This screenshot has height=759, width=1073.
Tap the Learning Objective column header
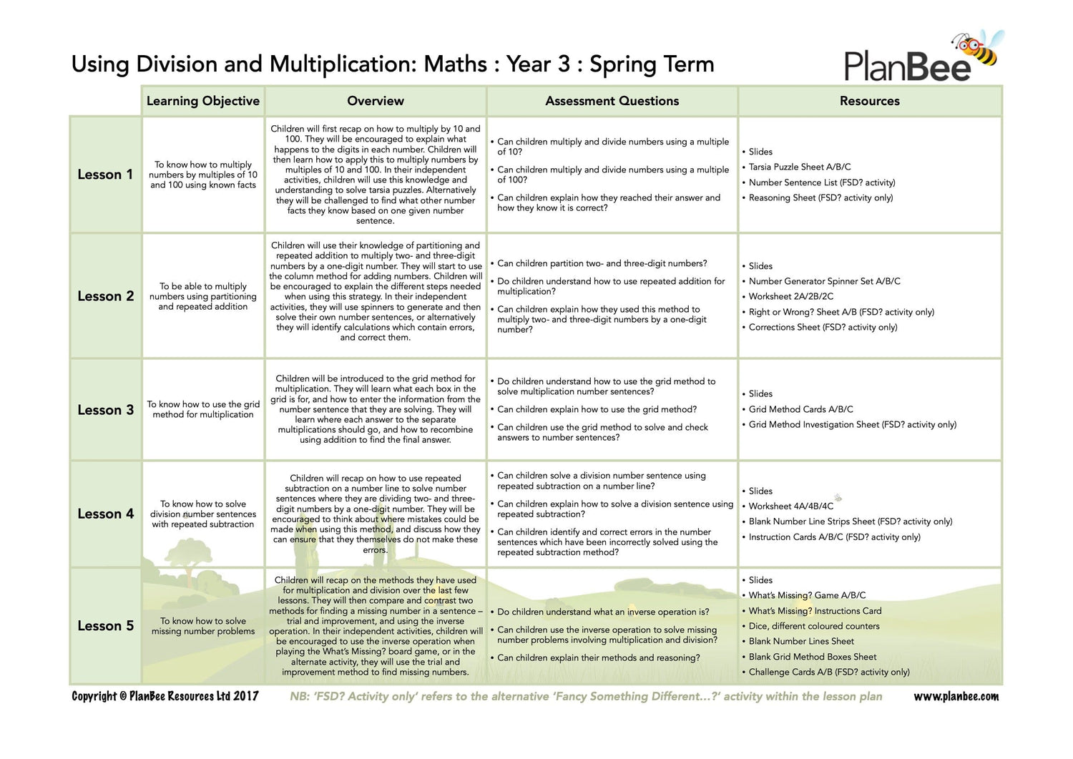(203, 101)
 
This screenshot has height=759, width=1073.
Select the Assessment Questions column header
(612, 101)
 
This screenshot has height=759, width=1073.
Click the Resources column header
(869, 101)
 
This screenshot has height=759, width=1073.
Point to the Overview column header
(376, 101)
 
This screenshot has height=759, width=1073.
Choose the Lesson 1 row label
(105, 175)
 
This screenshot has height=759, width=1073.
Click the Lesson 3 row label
(105, 410)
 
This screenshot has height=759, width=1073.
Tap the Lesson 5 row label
(105, 626)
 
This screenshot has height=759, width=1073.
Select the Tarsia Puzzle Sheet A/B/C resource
(799, 167)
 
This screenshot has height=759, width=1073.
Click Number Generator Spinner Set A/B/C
(824, 281)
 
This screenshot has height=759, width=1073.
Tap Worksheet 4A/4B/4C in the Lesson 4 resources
(790, 506)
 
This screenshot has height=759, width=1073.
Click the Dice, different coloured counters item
(813, 626)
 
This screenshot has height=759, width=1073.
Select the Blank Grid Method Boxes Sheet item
(812, 657)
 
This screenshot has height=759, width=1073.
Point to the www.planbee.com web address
(956, 697)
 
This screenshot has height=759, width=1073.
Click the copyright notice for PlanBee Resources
(165, 696)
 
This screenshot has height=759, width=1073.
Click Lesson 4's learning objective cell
(203, 514)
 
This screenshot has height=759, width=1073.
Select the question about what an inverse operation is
(603, 612)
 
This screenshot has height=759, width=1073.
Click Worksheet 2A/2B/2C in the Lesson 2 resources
(790, 296)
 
